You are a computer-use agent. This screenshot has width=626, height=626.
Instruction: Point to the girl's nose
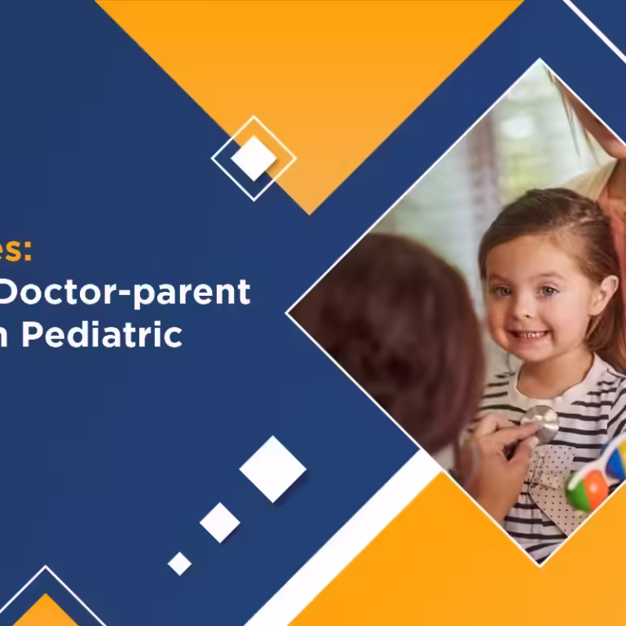(527, 311)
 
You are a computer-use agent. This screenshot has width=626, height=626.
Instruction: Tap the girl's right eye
(504, 290)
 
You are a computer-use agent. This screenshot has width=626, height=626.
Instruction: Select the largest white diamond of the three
(272, 469)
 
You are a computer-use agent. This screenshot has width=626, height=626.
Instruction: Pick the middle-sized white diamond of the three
(220, 522)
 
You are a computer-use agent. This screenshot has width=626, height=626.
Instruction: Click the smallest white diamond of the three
(179, 563)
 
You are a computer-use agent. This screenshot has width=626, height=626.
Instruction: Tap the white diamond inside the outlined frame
(253, 158)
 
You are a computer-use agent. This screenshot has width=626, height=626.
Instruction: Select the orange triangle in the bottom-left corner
(45, 611)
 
